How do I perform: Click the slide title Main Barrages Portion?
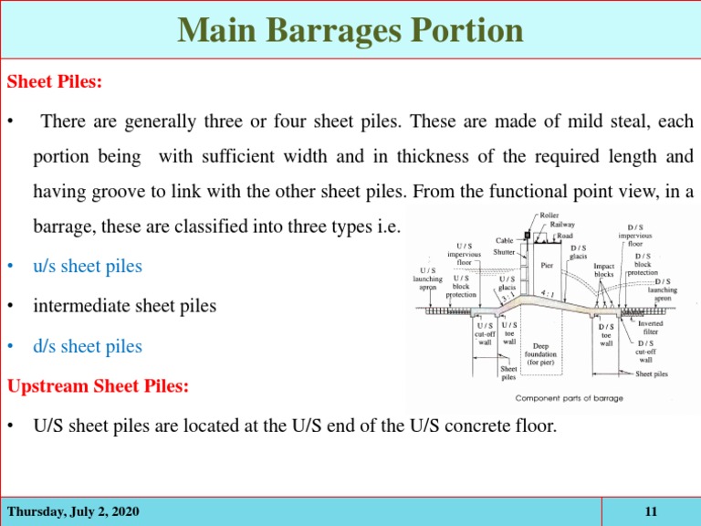[350, 30]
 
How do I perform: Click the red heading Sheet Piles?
[55, 81]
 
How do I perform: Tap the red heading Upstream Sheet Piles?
[98, 385]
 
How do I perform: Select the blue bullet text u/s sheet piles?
[88, 266]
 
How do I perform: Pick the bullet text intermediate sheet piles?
[125, 306]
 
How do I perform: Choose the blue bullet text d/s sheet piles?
[88, 346]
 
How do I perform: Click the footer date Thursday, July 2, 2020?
[73, 511]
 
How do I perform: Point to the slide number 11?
[651, 511]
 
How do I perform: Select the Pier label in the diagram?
[547, 265]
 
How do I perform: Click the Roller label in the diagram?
[549, 216]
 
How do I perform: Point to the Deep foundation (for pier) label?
[540, 354]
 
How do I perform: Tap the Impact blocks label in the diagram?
[603, 270]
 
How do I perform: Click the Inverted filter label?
[651, 328]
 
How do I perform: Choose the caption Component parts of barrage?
[570, 398]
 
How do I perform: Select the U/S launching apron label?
[427, 279]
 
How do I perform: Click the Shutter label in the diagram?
[504, 252]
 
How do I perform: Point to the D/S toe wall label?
[606, 335]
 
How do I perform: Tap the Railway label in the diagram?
[562, 225]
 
